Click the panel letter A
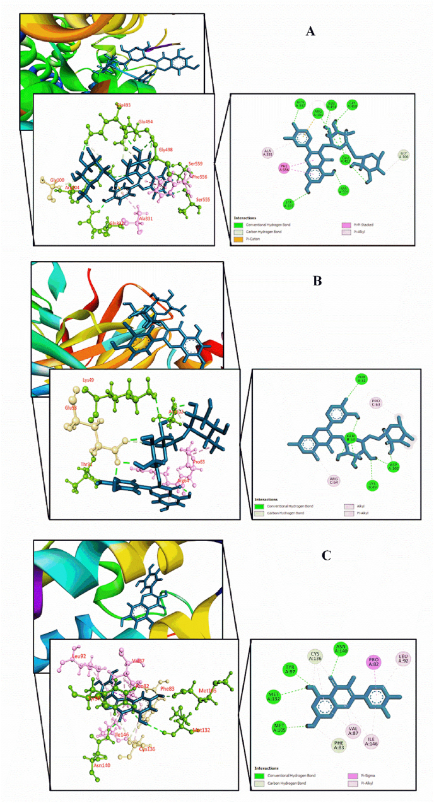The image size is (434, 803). [x=310, y=31]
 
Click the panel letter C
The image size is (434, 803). [x=326, y=555]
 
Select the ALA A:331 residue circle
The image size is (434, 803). [x=268, y=153]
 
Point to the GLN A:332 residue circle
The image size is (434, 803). [x=302, y=105]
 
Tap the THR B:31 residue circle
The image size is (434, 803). [x=362, y=378]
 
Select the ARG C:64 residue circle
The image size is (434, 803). [x=333, y=481]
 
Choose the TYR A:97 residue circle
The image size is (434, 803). [x=290, y=670]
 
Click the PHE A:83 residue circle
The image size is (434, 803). [x=340, y=745]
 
